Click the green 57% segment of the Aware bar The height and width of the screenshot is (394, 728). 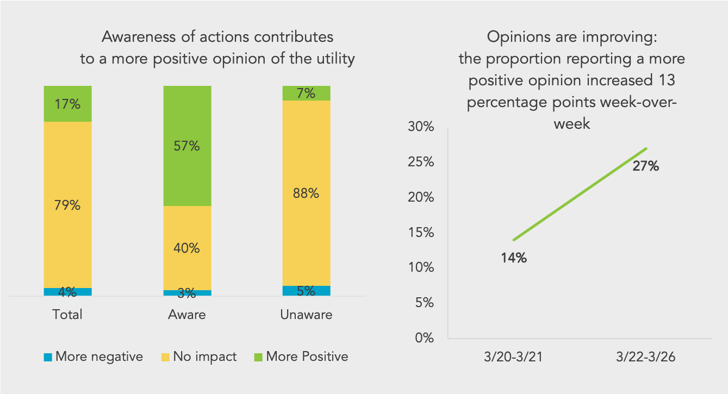tap(187, 146)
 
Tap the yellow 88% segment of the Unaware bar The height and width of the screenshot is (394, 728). tap(306, 193)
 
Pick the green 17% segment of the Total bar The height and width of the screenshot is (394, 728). tap(67, 104)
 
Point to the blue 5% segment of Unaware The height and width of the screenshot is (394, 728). tap(306, 291)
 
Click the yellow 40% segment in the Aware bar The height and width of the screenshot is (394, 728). tap(187, 248)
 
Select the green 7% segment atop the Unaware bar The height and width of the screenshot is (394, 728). tap(306, 93)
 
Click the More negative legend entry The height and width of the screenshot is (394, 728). tap(93, 357)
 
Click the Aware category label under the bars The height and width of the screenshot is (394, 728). tap(187, 315)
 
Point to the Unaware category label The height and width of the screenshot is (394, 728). tap(306, 315)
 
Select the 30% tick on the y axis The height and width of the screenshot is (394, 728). tap(420, 127)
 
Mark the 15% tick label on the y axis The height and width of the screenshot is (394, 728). tap(420, 233)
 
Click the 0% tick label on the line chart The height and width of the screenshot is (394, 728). tap(424, 338)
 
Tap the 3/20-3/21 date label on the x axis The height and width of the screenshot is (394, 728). tap(513, 358)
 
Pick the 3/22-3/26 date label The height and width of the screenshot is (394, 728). tap(646, 358)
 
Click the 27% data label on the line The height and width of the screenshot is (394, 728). tap(645, 166)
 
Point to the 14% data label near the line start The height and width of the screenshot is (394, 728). tap(514, 258)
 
